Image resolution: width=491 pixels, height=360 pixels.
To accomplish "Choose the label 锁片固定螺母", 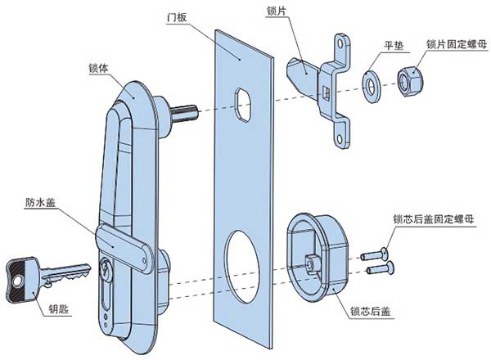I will pos(456,44).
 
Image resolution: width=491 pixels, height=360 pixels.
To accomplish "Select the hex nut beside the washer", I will pos(408,80).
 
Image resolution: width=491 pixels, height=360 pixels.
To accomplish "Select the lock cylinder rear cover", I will pos(318,254).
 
